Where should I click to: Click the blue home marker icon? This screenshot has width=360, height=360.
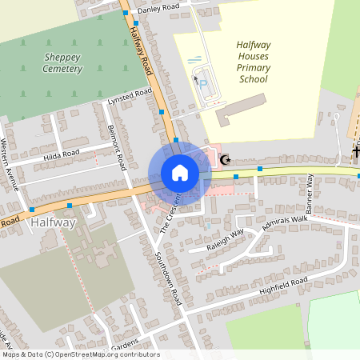180,173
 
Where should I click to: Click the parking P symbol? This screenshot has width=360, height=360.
202,83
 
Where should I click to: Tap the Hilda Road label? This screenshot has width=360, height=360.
62,154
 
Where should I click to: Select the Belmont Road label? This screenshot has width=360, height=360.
117,148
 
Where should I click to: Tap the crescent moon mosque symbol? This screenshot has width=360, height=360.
226,160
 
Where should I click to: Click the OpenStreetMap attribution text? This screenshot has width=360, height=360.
80,354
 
